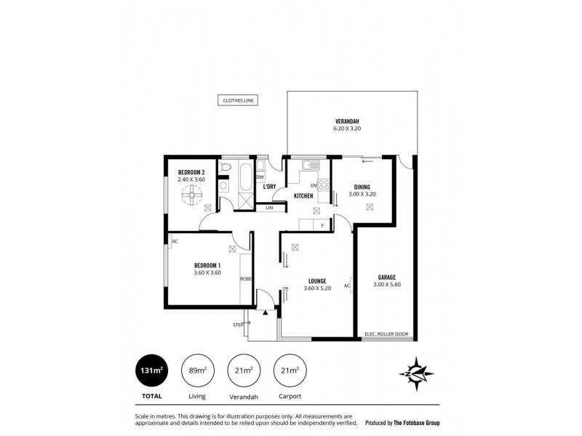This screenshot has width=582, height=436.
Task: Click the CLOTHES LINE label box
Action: (238, 101)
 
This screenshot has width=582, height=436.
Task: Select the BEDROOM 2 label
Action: (191, 172)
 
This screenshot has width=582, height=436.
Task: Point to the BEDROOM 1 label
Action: (207, 265)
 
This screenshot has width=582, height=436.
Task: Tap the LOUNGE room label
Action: (316, 281)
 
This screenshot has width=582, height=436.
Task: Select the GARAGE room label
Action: (386, 277)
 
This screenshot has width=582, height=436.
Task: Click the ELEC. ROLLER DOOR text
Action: (386, 334)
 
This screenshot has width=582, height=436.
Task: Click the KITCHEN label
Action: (303, 196)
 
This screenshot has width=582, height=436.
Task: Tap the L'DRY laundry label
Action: (269, 187)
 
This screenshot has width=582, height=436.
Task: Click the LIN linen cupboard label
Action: (269, 208)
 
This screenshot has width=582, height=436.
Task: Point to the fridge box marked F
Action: (322, 226)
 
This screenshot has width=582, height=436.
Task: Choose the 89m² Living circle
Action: (196, 372)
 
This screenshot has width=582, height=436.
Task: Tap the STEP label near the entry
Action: (237, 324)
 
